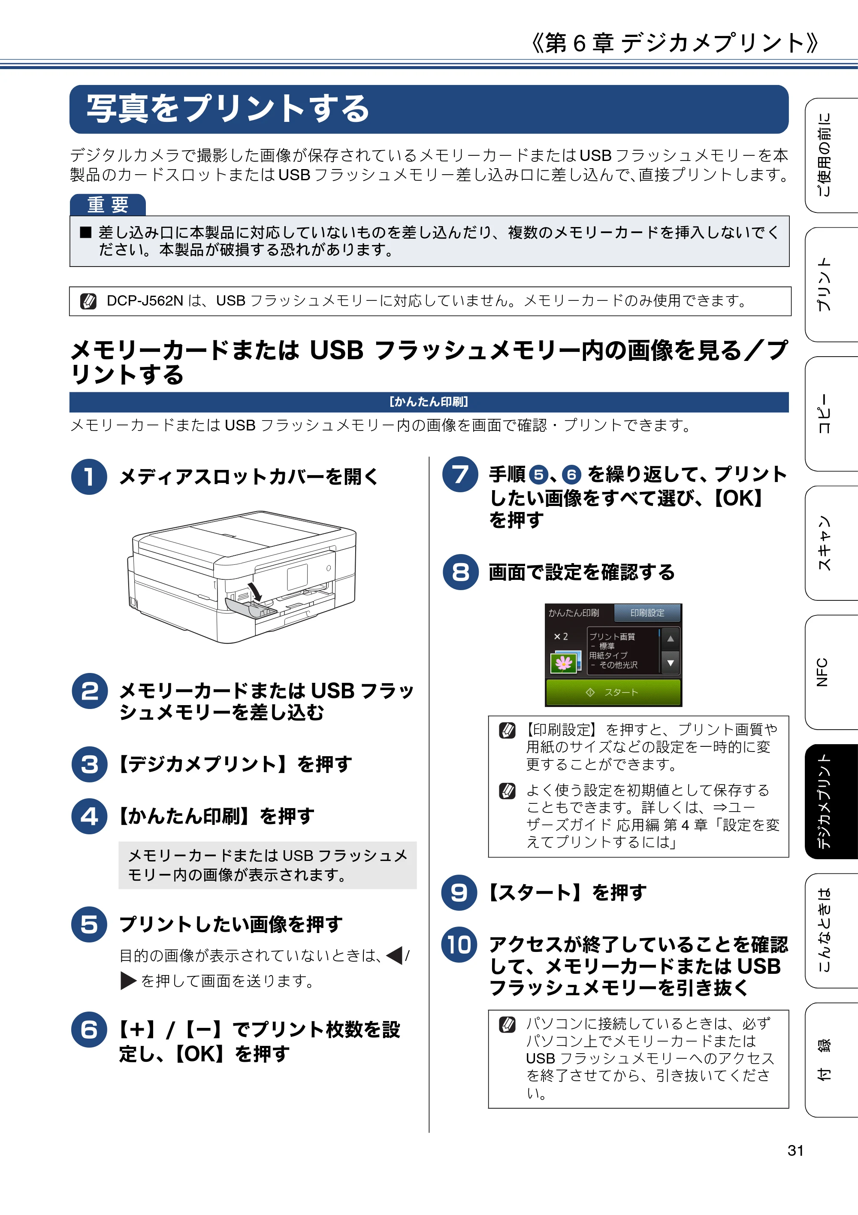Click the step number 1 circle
click(x=89, y=476)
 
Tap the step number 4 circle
click(x=89, y=816)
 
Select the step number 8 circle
click(x=461, y=572)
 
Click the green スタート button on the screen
click(x=613, y=692)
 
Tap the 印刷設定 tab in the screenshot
click(x=647, y=613)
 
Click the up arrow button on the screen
click(x=670, y=639)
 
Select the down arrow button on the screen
click(x=670, y=663)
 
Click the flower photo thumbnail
click(x=563, y=663)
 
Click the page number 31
click(x=796, y=1151)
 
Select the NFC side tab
click(x=831, y=672)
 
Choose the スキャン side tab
click(x=831, y=543)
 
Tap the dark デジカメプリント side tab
click(x=831, y=801)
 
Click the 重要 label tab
click(x=108, y=205)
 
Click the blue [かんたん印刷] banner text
click(x=429, y=402)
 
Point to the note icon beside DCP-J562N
click(x=88, y=301)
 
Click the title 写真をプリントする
click(x=227, y=109)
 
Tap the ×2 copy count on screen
click(x=561, y=636)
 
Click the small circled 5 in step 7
click(x=538, y=475)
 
